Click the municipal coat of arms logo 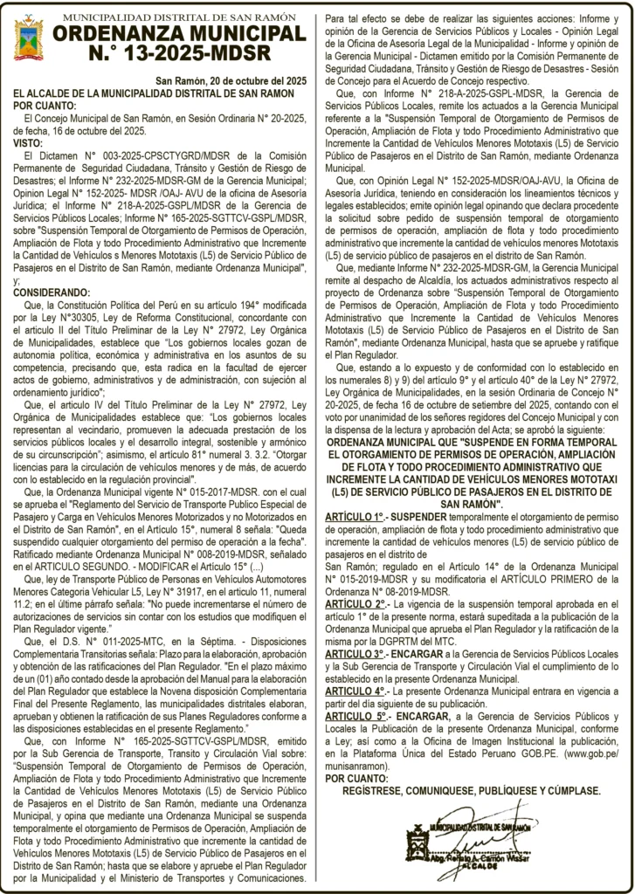coord(29,38)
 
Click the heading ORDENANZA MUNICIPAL coord(179,32)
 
